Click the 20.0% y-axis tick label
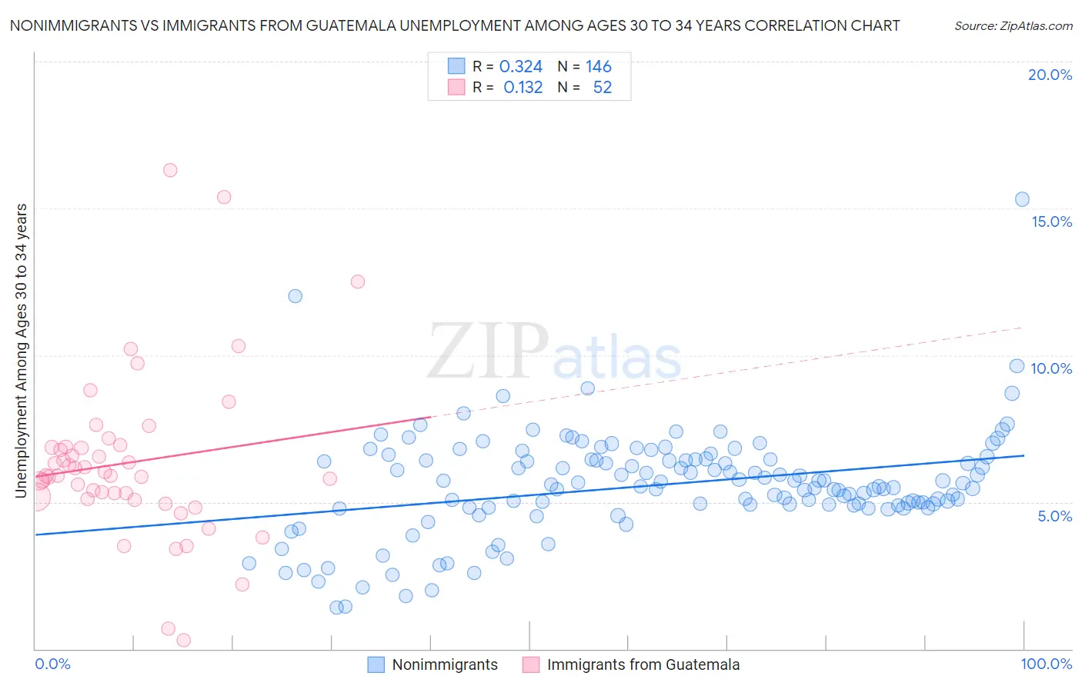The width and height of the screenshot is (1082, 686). pyautogui.click(x=1050, y=75)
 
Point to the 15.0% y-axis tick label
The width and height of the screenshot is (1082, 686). pyautogui.click(x=1051, y=221)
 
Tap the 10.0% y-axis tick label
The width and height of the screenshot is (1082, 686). pyautogui.click(x=1051, y=368)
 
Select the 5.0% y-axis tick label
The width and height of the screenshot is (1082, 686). pyautogui.click(x=1054, y=516)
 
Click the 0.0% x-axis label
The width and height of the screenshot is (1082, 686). pyautogui.click(x=53, y=664)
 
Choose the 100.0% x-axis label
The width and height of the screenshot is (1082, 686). pyautogui.click(x=1046, y=664)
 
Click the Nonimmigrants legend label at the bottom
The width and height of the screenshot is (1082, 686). pyautogui.click(x=445, y=664)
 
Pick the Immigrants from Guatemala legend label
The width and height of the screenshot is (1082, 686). pyautogui.click(x=643, y=664)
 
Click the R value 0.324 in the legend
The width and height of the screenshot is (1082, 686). pyautogui.click(x=521, y=67)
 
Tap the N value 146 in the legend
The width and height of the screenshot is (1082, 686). pyautogui.click(x=598, y=67)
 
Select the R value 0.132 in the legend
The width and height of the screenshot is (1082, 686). pyautogui.click(x=523, y=88)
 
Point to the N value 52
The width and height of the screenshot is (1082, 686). pyautogui.click(x=602, y=88)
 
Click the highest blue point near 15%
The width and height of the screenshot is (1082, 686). pyautogui.click(x=1022, y=199)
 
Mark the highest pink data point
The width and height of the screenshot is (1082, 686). pyautogui.click(x=170, y=170)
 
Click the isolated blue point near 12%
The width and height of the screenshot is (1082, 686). pyautogui.click(x=295, y=296)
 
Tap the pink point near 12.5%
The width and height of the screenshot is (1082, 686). pyautogui.click(x=357, y=281)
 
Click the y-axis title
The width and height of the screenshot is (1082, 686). pyautogui.click(x=22, y=351)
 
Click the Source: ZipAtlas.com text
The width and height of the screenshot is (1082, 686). pyautogui.click(x=1013, y=25)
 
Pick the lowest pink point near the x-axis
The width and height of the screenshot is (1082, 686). pyautogui.click(x=183, y=640)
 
